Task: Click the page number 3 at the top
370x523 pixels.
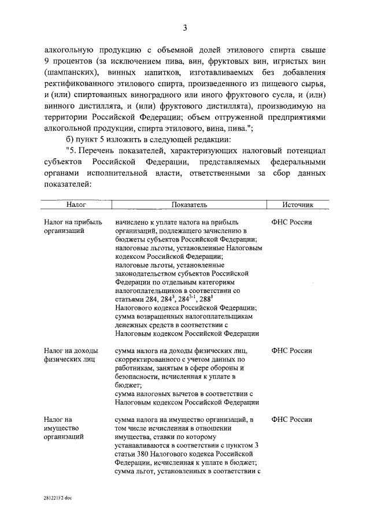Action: [184, 27]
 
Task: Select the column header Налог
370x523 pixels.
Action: [76, 205]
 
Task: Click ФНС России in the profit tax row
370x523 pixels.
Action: [291, 222]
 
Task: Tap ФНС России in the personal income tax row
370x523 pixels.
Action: [291, 351]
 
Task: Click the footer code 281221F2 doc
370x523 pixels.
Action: [58, 496]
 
